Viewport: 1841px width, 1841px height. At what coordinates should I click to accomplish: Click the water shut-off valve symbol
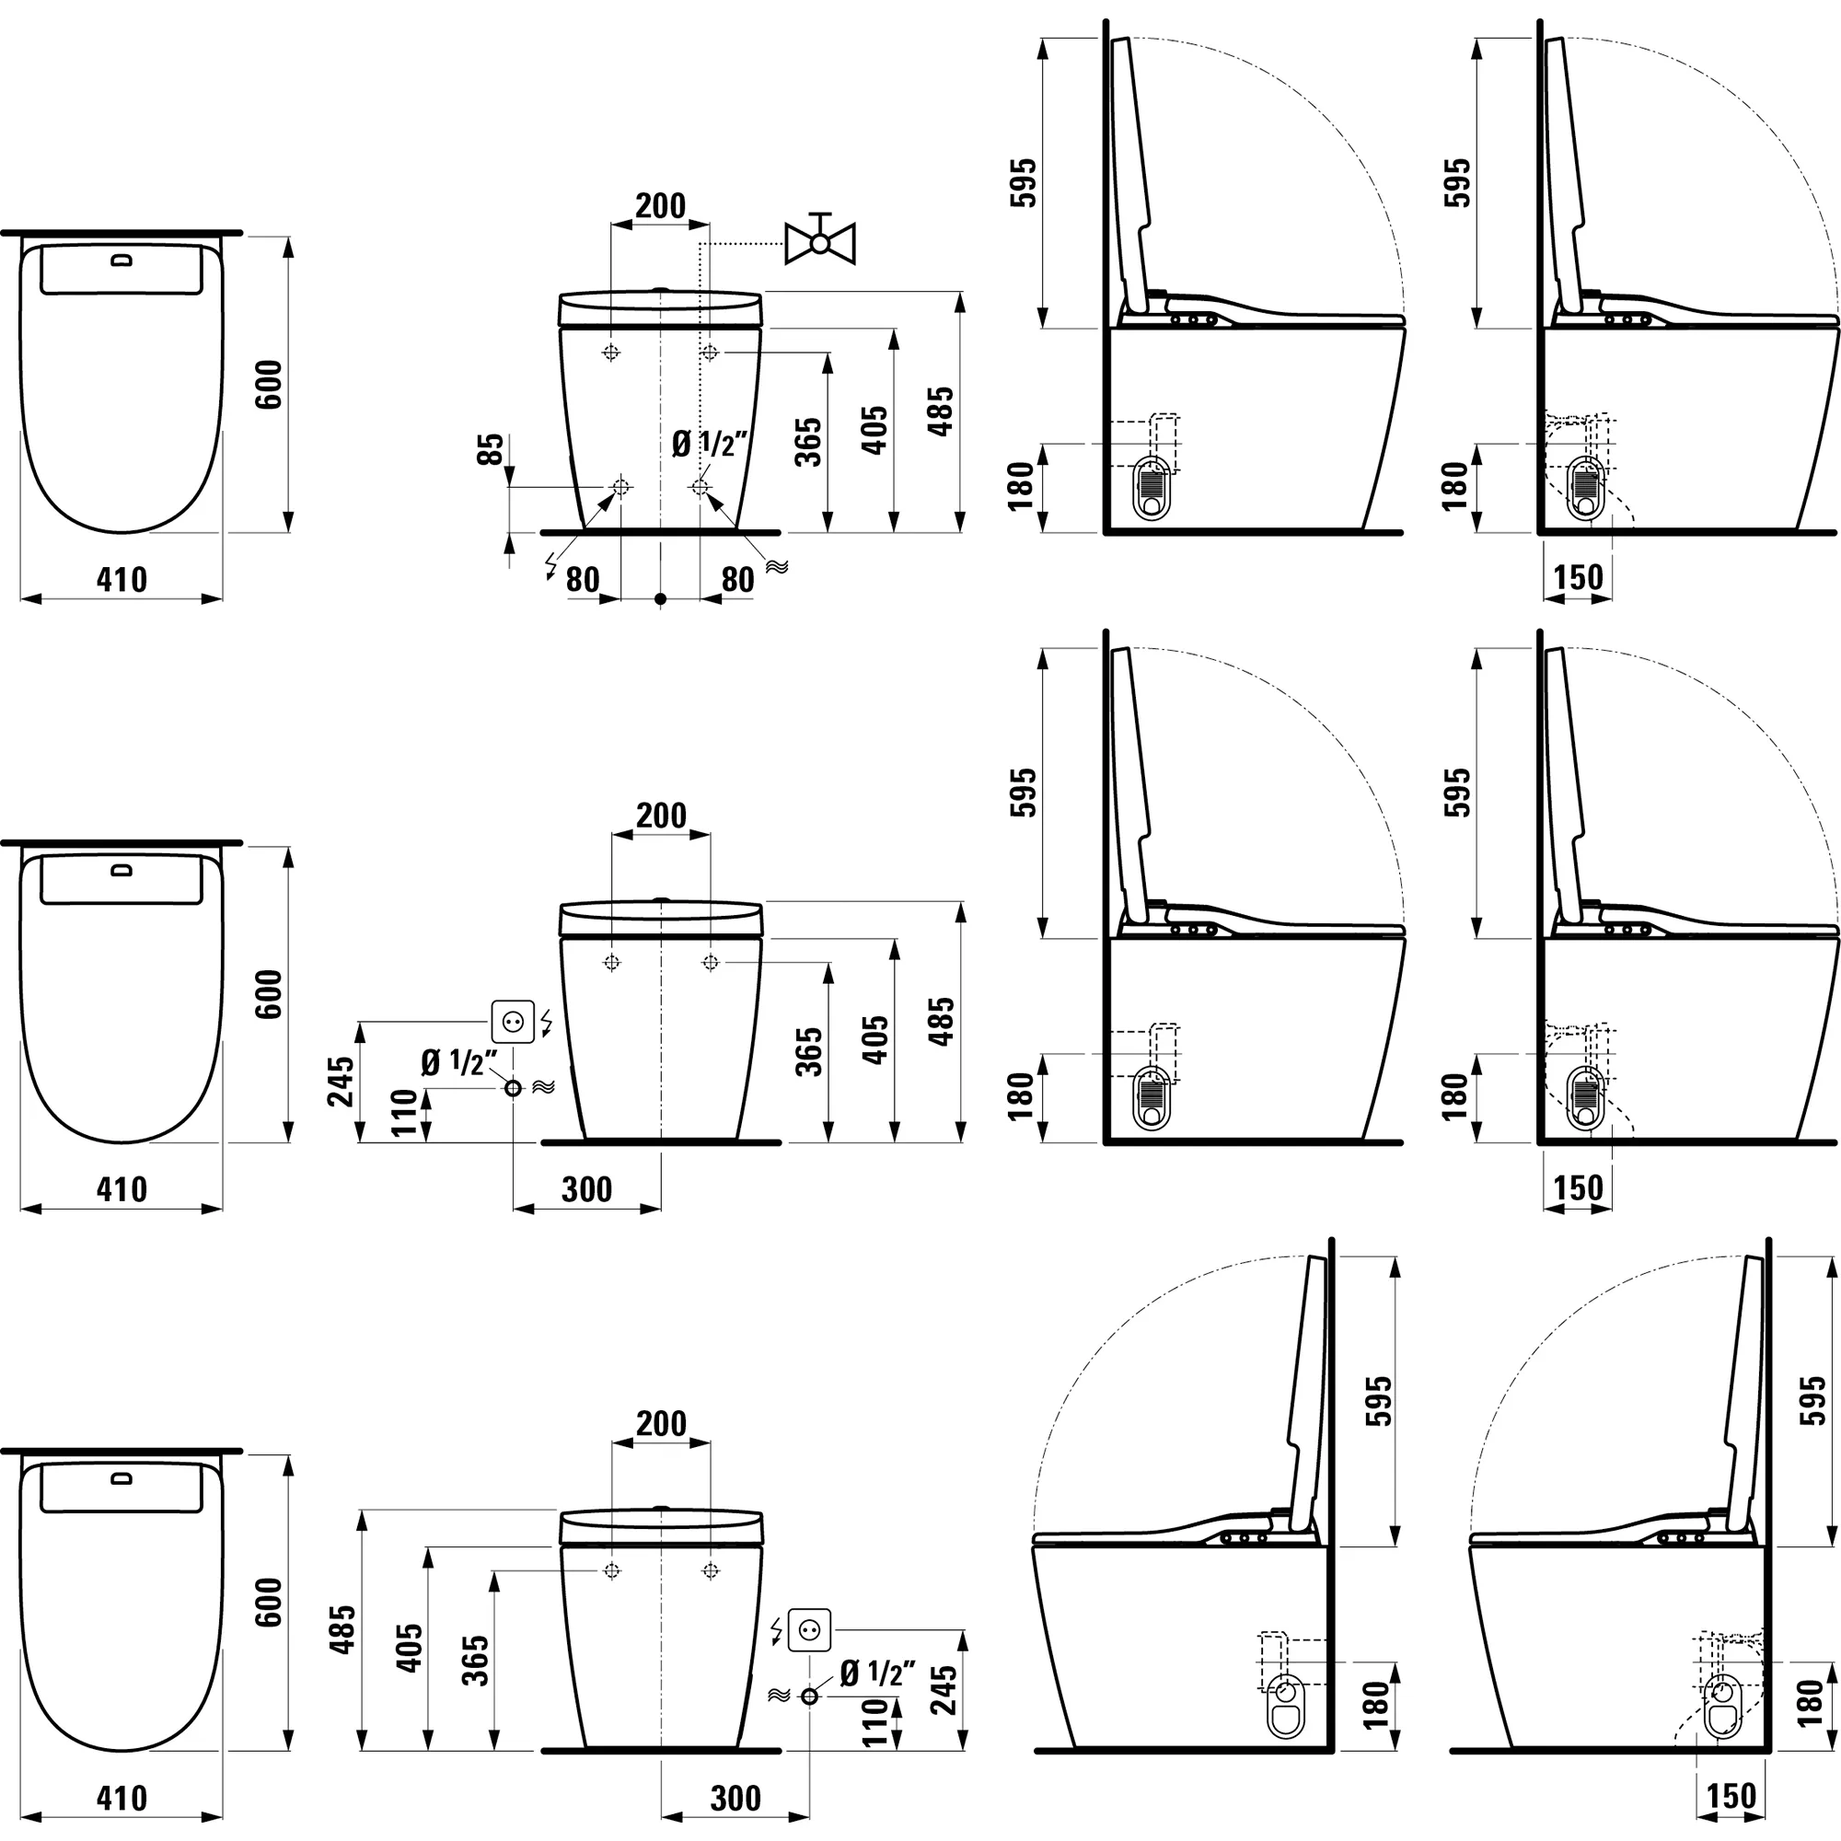point(819,241)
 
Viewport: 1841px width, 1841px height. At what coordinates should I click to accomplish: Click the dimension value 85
point(490,449)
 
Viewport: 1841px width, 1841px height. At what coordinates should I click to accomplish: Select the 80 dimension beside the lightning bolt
point(583,579)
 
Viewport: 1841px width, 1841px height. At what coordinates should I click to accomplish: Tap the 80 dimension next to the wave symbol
point(737,579)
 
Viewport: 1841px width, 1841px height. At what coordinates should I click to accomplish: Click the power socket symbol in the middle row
point(513,1023)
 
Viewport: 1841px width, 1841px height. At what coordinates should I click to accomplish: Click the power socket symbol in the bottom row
point(809,1629)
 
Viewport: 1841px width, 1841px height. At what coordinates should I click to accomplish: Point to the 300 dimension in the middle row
point(586,1189)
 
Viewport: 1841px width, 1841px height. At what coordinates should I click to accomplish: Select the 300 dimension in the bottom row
point(735,1798)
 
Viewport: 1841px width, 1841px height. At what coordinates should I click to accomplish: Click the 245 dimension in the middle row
point(342,1082)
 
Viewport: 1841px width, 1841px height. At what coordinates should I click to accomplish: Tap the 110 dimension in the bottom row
point(874,1723)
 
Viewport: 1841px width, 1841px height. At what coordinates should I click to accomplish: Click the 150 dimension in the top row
point(1578,577)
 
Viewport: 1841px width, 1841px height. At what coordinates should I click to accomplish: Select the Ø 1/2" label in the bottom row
point(877,1672)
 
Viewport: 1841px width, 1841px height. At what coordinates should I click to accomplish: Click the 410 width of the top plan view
point(122,579)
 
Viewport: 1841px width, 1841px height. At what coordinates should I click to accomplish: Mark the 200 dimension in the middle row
point(660,816)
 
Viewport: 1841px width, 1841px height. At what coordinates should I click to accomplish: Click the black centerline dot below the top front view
point(660,599)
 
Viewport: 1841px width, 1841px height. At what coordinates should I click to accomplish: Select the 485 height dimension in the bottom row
point(343,1628)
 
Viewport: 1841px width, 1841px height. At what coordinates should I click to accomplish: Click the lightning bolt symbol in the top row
point(550,566)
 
